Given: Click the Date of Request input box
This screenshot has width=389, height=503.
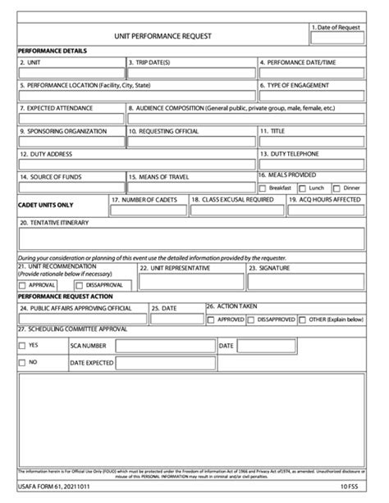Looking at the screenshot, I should (336, 38).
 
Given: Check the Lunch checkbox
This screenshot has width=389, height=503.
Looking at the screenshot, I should (303, 188).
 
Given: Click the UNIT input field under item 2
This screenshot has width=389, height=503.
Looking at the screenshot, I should (71, 73).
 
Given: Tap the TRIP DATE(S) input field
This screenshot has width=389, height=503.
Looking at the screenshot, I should (190, 73).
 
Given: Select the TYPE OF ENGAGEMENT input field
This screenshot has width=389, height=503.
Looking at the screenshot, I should (311, 96).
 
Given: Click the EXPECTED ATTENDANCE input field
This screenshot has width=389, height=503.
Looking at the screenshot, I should (71, 119).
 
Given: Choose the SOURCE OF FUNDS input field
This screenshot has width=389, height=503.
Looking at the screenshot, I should (71, 187).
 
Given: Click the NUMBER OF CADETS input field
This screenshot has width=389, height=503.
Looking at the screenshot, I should (146, 210).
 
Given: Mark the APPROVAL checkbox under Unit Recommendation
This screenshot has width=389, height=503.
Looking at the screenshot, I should (23, 285).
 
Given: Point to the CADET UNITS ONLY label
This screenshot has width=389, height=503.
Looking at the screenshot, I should (45, 205).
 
